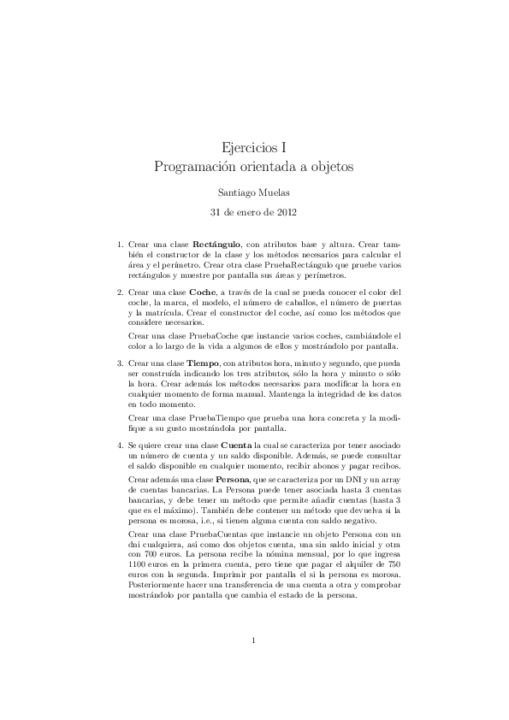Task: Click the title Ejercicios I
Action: [254, 147]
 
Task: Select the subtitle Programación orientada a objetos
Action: [254, 165]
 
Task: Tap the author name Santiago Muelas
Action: [254, 192]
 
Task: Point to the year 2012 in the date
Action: [286, 211]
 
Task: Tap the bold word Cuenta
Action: [236, 446]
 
